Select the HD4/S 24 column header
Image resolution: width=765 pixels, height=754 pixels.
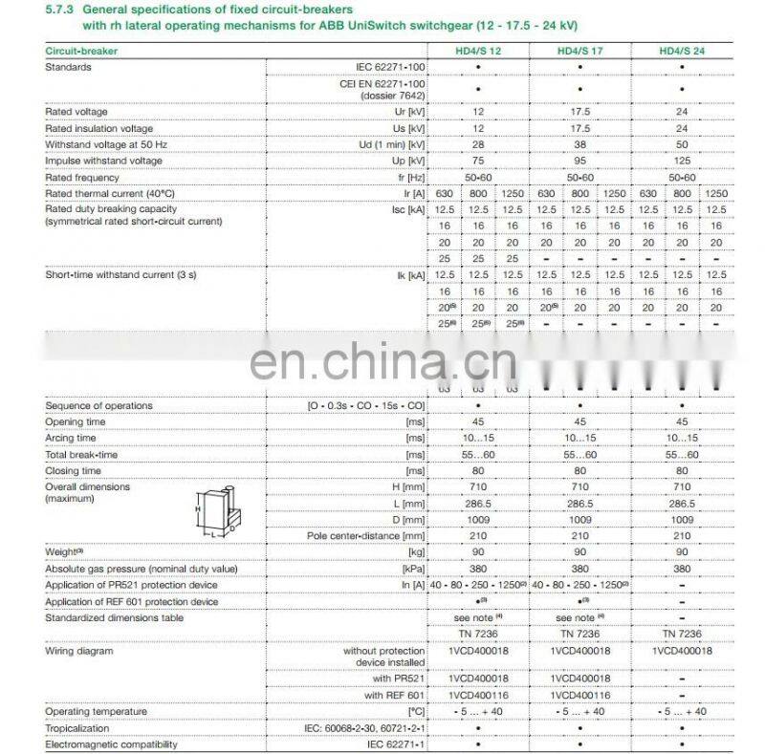coord(681,50)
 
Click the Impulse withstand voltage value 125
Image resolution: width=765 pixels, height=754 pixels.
coord(681,161)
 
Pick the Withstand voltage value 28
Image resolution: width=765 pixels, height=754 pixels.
coord(477,144)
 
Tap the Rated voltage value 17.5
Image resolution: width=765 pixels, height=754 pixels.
coord(579,112)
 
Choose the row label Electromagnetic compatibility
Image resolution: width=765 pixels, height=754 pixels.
coord(111,744)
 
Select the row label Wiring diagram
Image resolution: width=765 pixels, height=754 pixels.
coord(79,651)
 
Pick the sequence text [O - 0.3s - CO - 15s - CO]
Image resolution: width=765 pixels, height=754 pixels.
coord(365,406)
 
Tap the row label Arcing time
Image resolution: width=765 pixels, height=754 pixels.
coord(71,438)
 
